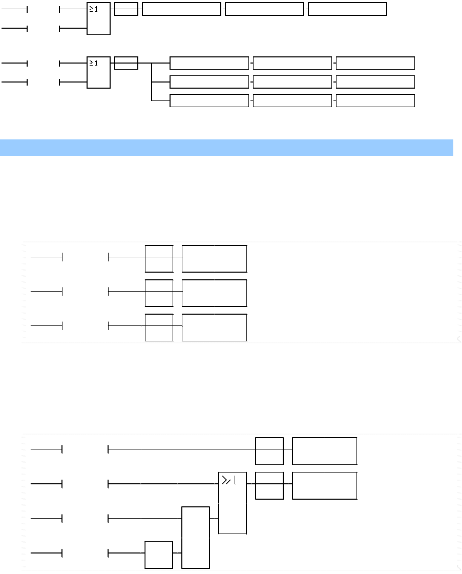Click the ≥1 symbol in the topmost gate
94,9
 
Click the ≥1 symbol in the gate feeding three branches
94,63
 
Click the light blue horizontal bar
226,147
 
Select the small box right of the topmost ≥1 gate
126,9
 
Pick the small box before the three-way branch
126,63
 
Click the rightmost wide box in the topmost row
347,9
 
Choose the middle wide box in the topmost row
264,9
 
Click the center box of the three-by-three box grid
292,82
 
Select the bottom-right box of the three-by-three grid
375,100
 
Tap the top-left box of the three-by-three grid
209,63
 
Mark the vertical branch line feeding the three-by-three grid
152,82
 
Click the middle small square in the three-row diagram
159,293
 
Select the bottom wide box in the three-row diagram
215,327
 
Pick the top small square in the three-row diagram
159,258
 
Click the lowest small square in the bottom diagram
159,554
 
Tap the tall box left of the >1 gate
196,537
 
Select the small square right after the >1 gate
269,485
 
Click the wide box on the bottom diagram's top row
324,451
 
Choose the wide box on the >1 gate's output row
324,485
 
